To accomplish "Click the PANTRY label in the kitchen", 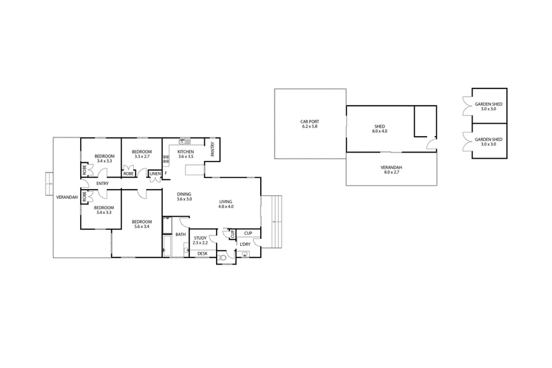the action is pos(213,149).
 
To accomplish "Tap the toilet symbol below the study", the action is pos(222,257).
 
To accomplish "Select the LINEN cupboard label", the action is pos(155,174).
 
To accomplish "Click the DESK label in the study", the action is pos(202,253).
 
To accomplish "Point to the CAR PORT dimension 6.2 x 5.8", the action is pos(310,126).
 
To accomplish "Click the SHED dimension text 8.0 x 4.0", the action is pos(379,131).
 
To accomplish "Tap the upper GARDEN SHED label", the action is pos(489,104).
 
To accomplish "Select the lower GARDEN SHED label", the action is pos(489,139).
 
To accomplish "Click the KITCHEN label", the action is pos(186,152).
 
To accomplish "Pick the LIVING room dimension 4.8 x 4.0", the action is pos(226,206).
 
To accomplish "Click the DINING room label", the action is pos(184,194).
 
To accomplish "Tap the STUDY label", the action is pos(200,238).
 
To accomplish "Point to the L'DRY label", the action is pos(245,244).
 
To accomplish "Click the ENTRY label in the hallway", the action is pos(102,184).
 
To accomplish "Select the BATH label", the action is pos(181,235).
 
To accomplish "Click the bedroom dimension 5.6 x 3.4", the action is pos(142,226).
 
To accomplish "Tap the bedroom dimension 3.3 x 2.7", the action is pos(142,156).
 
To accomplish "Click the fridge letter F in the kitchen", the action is pos(166,173).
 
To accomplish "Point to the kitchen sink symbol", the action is pos(184,142).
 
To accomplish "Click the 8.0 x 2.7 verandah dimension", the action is pos(391,172).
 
